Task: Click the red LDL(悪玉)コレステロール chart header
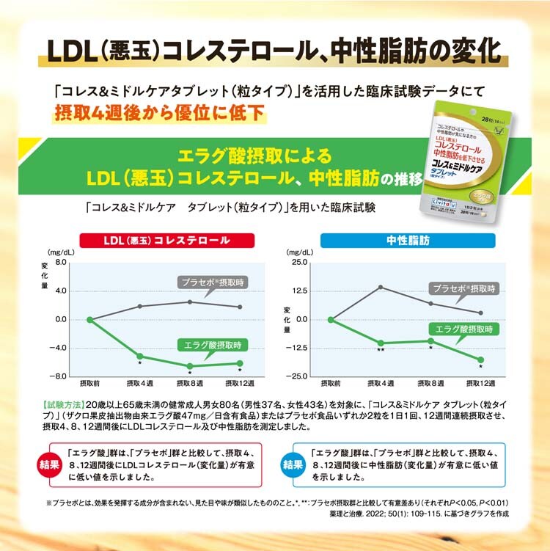[x=167, y=240]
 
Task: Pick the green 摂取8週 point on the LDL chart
[x=190, y=365]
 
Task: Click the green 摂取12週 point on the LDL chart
[x=240, y=362]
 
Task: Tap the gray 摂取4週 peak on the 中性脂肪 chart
[x=381, y=287]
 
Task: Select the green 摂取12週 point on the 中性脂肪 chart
[x=480, y=360]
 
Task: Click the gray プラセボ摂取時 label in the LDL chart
[x=213, y=282]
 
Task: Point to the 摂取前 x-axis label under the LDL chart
[x=90, y=384]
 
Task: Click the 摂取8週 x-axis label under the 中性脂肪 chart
[x=430, y=384]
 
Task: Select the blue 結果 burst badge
[x=293, y=464]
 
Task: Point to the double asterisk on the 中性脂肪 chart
[x=380, y=351]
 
